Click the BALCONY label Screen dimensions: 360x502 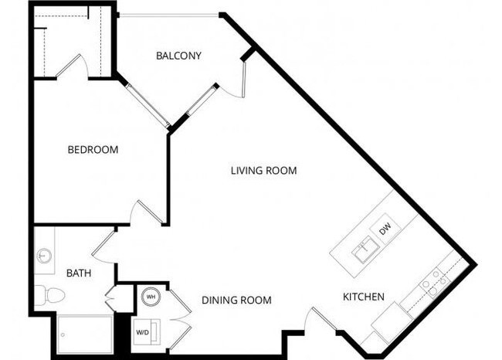click(x=178, y=56)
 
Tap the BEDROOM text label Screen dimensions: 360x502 click(x=93, y=149)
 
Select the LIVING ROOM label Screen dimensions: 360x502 click(x=263, y=171)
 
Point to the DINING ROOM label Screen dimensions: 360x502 click(x=236, y=300)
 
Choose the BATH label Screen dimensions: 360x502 click(x=78, y=273)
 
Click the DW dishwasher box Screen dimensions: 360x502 click(x=384, y=229)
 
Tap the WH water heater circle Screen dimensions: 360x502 click(x=150, y=295)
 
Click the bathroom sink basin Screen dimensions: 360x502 click(x=44, y=254)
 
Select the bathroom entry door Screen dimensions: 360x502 click(x=103, y=245)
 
